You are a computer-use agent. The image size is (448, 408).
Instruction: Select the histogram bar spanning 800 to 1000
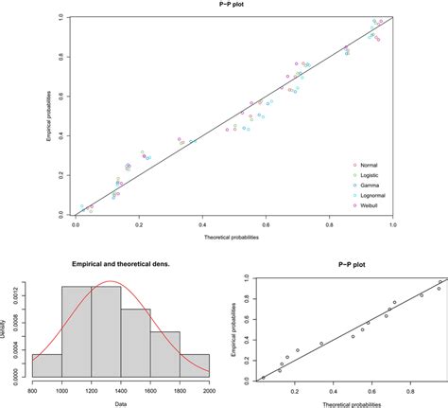point(47,367)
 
